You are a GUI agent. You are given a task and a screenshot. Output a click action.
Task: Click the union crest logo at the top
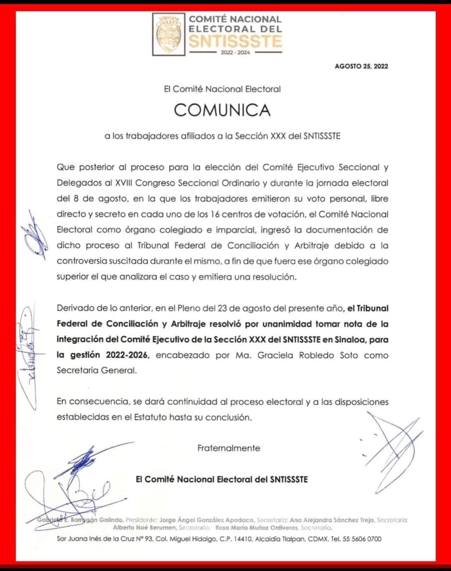pyautogui.click(x=169, y=35)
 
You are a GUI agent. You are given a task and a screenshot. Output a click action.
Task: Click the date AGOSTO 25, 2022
pyautogui.click(x=361, y=66)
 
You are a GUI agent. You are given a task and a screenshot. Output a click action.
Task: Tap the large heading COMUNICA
pyautogui.click(x=222, y=110)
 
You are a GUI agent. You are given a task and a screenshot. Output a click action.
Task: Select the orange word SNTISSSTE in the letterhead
pyautogui.click(x=235, y=41)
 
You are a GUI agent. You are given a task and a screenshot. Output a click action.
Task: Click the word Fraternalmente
pyautogui.click(x=228, y=448)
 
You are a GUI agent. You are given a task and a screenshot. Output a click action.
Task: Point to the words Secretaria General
pyautogui.click(x=97, y=371)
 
